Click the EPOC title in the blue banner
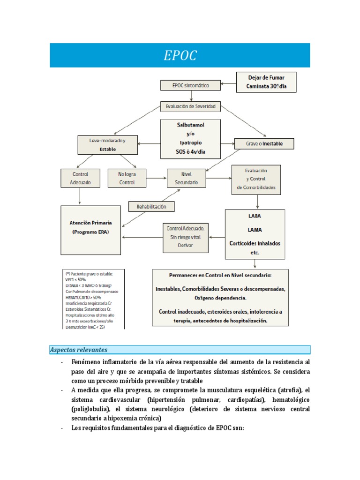pos(180,56)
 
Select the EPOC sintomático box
pos(191,85)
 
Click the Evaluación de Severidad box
pos(190,106)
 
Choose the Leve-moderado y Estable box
pos(107,144)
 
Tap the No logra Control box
pos(127,178)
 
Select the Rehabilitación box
pos(148,206)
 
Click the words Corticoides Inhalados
pos(255,243)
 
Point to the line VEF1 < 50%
pos(76,279)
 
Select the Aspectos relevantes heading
pos(79,350)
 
